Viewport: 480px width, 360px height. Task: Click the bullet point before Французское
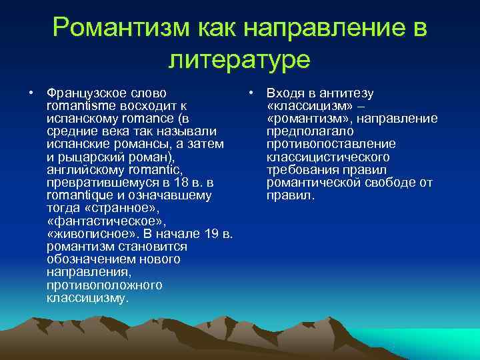tap(31, 93)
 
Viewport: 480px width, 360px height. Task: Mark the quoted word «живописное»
tap(85, 234)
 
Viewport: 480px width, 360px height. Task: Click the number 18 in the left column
tap(177, 183)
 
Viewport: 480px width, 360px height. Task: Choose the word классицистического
tap(328, 157)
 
